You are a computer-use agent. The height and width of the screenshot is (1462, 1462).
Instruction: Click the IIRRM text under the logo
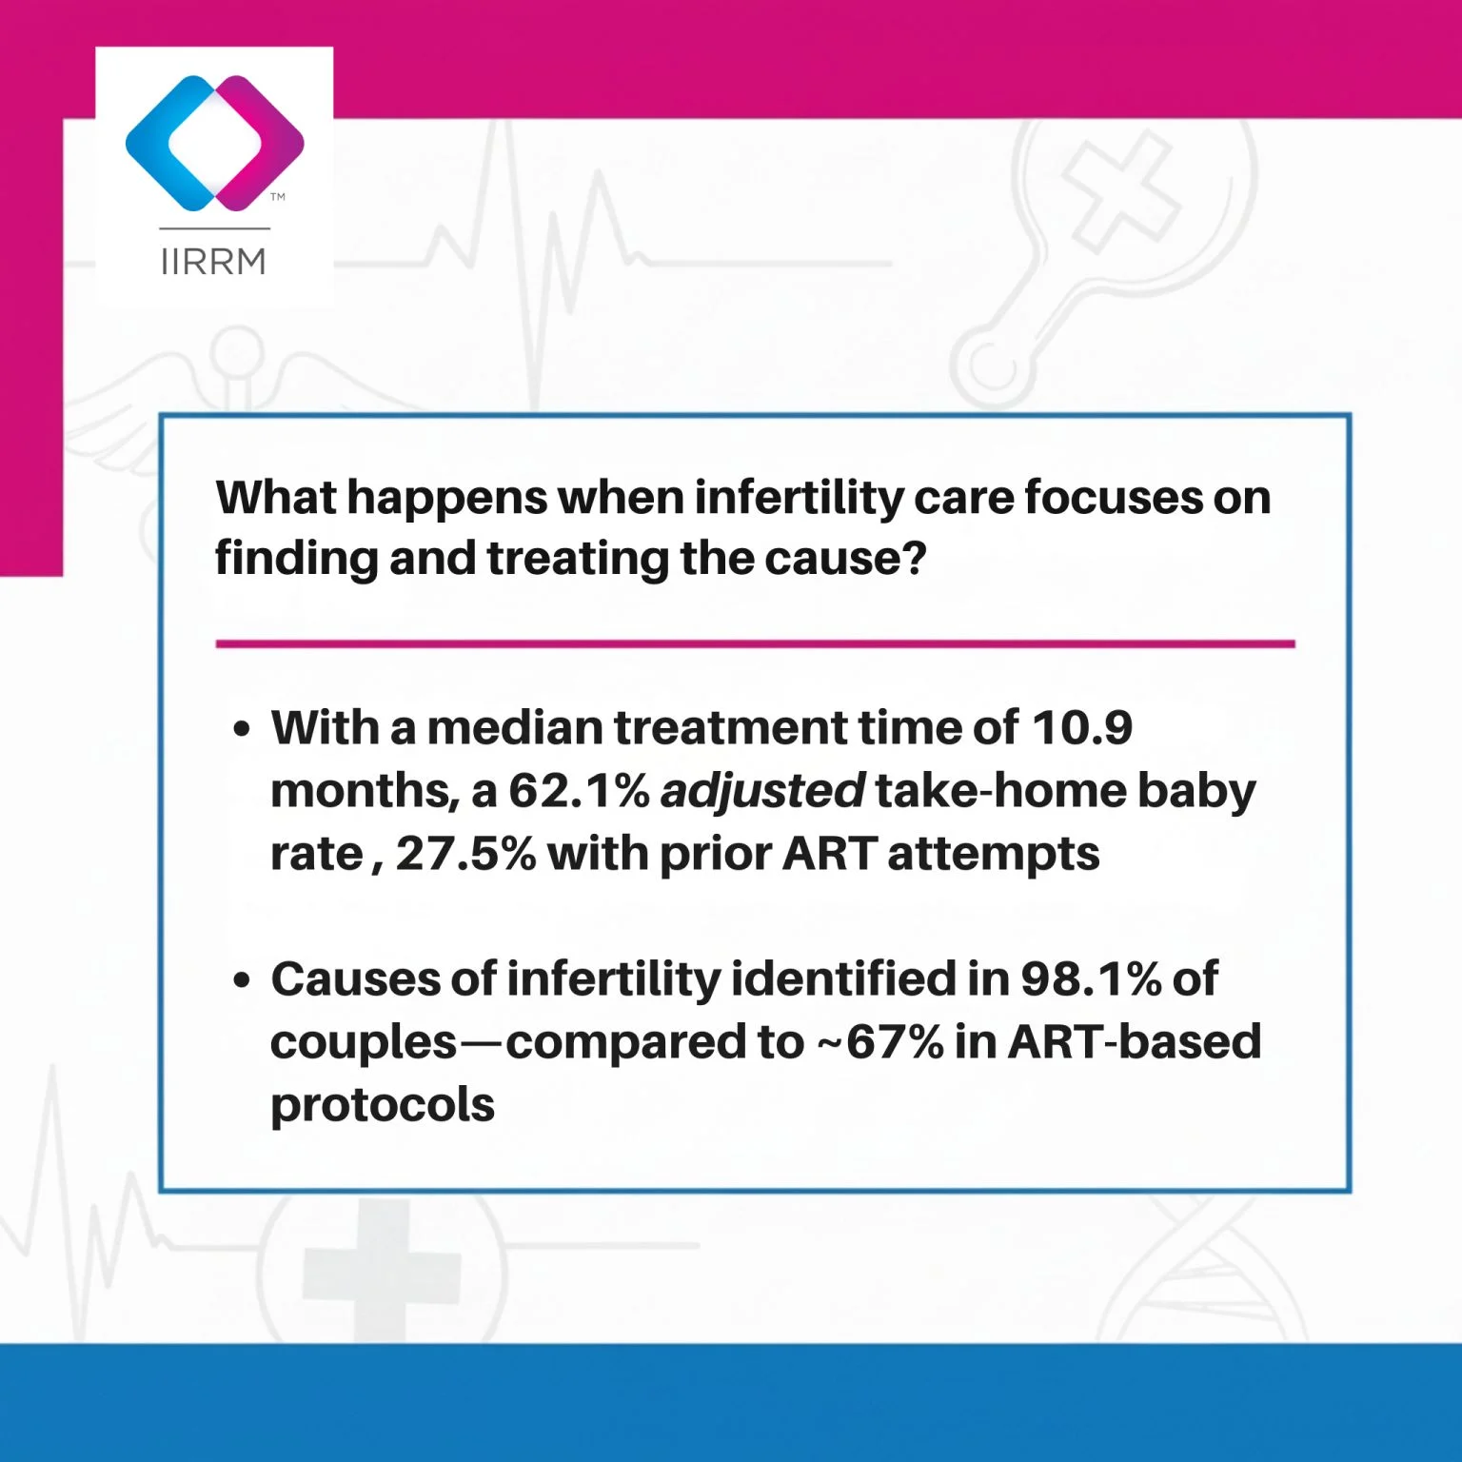click(213, 261)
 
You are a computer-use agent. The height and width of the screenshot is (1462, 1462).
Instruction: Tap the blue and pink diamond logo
click(215, 143)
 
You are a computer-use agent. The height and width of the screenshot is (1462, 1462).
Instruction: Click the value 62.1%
click(579, 791)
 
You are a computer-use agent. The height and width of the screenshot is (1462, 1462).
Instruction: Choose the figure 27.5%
click(466, 854)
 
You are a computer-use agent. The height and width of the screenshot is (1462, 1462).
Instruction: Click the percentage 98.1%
click(1091, 979)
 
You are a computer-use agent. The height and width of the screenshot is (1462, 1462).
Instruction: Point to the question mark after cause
click(914, 558)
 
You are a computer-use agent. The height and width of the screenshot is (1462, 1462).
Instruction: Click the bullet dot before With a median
click(243, 730)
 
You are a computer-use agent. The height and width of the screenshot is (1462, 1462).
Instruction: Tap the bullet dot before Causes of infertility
click(243, 980)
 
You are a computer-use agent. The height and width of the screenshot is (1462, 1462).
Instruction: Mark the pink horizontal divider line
click(756, 644)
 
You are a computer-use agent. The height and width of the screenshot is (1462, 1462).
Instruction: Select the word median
click(515, 728)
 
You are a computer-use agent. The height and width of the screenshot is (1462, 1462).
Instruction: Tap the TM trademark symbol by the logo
click(278, 197)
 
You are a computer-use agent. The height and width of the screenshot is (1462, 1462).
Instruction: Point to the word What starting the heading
click(276, 498)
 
